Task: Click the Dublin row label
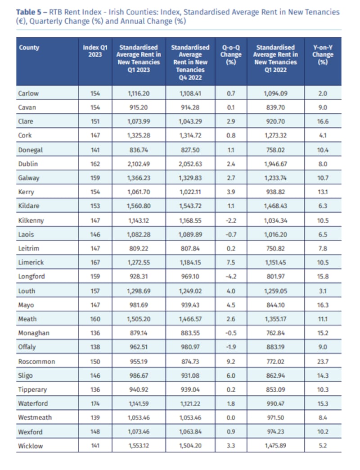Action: [27, 164]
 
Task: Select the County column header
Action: [29, 48]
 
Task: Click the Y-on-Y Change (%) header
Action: [323, 54]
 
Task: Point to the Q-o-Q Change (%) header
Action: [231, 54]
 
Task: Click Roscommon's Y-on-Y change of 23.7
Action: [323, 361]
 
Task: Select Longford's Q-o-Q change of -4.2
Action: [231, 277]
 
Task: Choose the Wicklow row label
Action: [29, 446]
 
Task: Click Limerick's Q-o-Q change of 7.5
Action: [231, 262]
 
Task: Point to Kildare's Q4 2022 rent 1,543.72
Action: [190, 206]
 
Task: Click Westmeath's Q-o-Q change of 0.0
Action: [231, 417]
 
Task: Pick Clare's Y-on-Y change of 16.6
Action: [323, 121]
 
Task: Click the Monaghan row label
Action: [34, 333]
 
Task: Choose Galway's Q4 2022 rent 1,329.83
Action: [190, 178]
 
